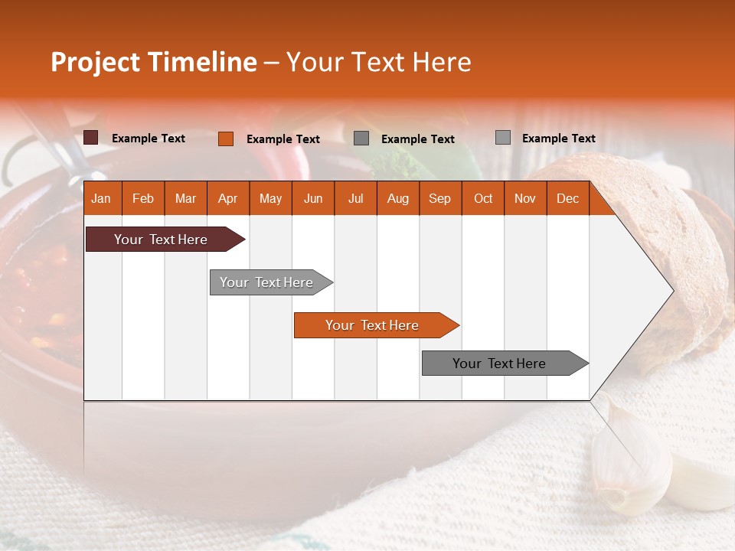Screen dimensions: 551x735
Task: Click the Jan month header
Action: click(x=101, y=199)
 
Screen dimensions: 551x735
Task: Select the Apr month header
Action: click(x=227, y=199)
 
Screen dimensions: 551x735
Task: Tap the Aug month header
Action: click(x=397, y=199)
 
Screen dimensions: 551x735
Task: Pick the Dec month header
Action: click(x=567, y=199)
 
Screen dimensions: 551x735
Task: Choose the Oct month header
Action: click(x=482, y=199)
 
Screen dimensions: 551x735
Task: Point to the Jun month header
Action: click(x=312, y=199)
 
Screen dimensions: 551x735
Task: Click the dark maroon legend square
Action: click(x=91, y=138)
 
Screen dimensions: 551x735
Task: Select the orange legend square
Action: click(x=225, y=139)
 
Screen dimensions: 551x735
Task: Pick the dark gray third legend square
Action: click(x=361, y=139)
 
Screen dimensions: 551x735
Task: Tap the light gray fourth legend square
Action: click(x=502, y=138)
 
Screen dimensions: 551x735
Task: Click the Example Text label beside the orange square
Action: click(x=283, y=139)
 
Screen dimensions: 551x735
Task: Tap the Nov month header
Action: click(x=524, y=199)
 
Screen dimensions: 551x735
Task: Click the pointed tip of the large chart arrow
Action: click(x=671, y=291)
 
